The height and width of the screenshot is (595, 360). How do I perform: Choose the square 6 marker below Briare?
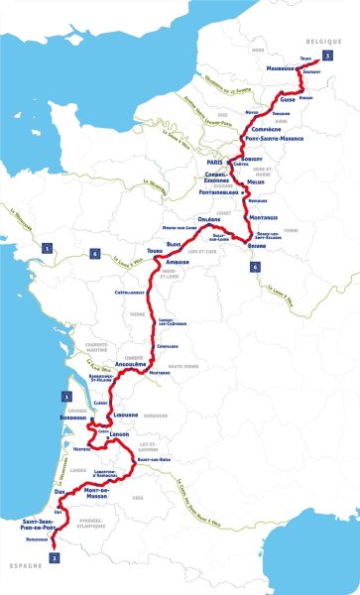point(255,267)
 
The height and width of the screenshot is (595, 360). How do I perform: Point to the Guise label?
point(289,99)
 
